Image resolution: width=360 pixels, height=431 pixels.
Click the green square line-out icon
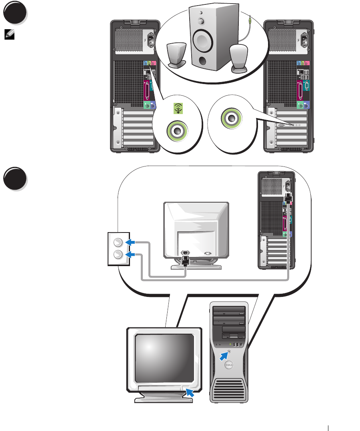tap(178, 108)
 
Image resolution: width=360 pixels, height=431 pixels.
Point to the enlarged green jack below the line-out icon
tap(176, 130)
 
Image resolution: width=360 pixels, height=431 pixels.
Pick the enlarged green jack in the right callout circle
tap(231, 118)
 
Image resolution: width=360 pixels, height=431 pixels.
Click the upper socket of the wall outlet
tap(118, 242)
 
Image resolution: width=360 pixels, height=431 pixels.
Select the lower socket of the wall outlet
tap(118, 255)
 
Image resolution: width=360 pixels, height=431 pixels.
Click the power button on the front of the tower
tap(229, 351)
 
